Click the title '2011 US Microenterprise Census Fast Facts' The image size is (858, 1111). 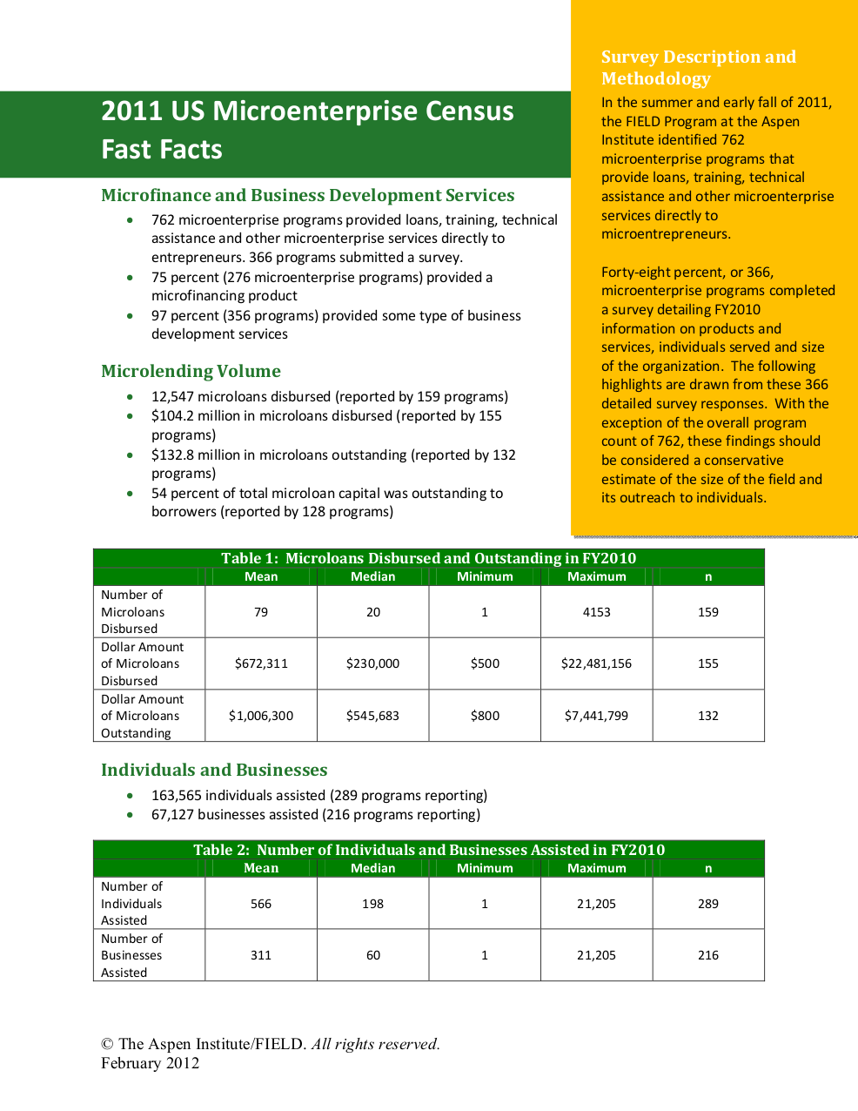pyautogui.click(x=307, y=131)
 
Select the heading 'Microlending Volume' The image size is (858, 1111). pyautogui.click(x=191, y=371)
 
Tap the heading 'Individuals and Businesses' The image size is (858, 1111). pyautogui.click(x=214, y=770)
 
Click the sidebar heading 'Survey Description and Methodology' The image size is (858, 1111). pyautogui.click(x=698, y=68)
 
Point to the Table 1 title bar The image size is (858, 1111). pyautogui.click(x=428, y=558)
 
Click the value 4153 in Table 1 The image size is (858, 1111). pyautogui.click(x=596, y=612)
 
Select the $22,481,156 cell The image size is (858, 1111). pyautogui.click(x=596, y=663)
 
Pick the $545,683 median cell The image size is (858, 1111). pyautogui.click(x=372, y=716)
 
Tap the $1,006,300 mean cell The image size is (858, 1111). pyautogui.click(x=261, y=716)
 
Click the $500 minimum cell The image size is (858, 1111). pyautogui.click(x=485, y=663)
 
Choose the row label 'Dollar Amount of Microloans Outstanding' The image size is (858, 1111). pyautogui.click(x=143, y=716)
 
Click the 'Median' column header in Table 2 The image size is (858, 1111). pyautogui.click(x=372, y=868)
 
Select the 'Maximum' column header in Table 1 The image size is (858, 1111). pyautogui.click(x=596, y=576)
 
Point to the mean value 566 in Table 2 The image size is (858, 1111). pyautogui.click(x=261, y=904)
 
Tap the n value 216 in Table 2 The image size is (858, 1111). pyautogui.click(x=708, y=955)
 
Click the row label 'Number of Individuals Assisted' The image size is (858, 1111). pyautogui.click(x=132, y=904)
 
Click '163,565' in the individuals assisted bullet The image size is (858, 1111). pyautogui.click(x=177, y=795)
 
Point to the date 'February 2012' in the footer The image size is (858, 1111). pyautogui.click(x=150, y=1063)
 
